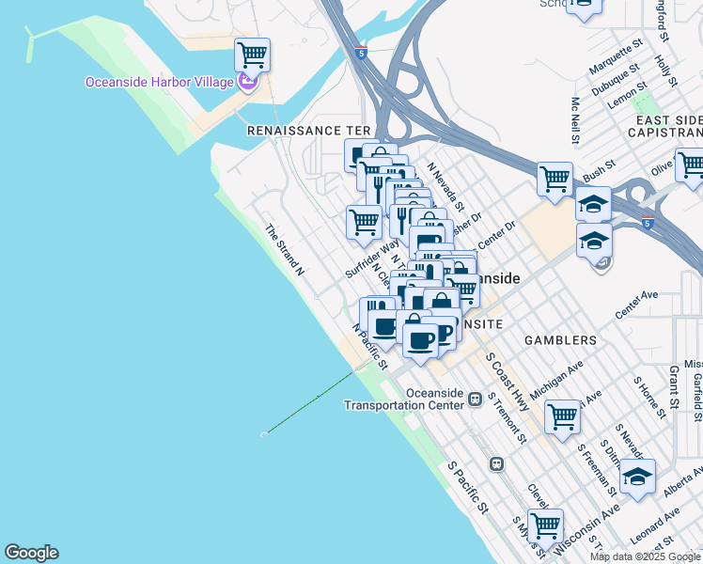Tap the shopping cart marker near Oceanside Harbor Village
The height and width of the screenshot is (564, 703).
[252, 55]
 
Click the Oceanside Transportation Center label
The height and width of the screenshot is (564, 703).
[404, 399]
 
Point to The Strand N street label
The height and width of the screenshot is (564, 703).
[285, 249]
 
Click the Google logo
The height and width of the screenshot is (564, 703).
[31, 553]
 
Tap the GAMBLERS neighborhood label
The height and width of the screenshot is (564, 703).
[560, 339]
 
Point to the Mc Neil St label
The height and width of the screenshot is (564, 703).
[574, 121]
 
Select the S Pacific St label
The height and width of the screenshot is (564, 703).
[468, 488]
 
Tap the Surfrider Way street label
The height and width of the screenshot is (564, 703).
[366, 258]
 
